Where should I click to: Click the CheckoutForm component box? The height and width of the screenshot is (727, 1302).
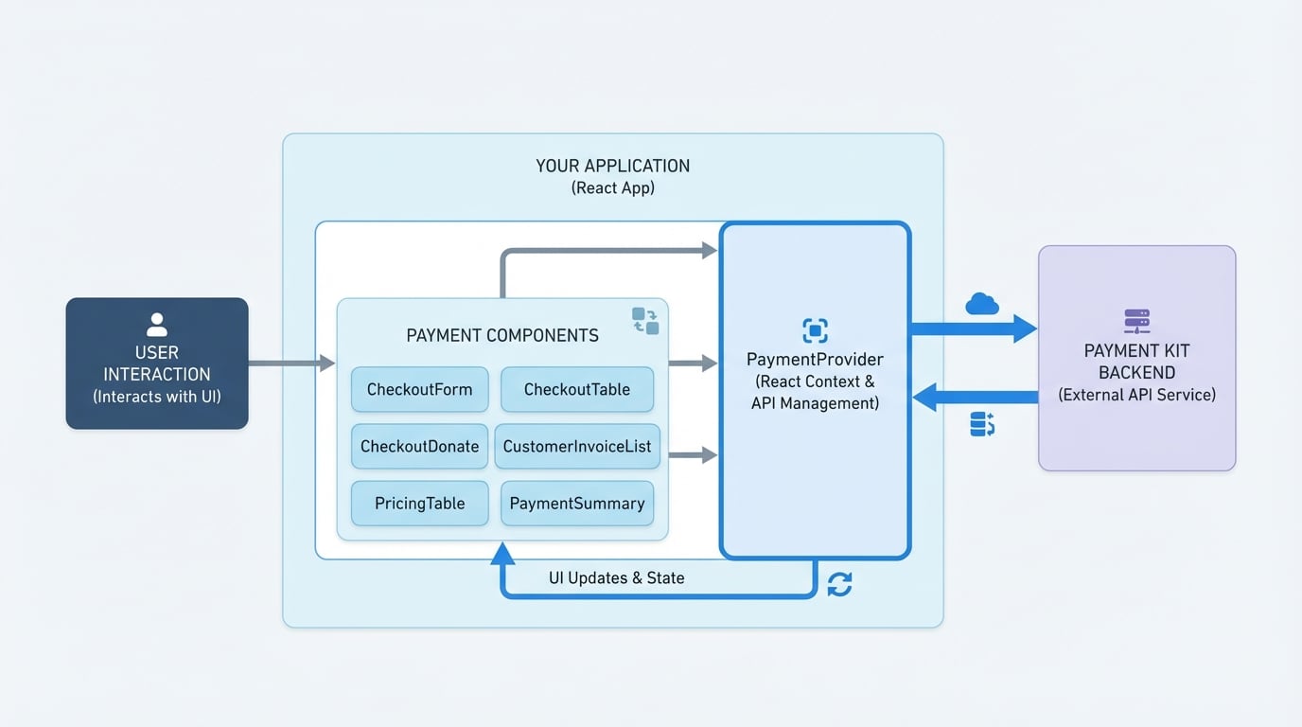[x=419, y=389]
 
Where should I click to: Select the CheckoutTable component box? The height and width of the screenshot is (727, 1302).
[x=576, y=389]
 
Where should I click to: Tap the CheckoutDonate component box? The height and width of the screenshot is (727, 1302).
[x=419, y=446]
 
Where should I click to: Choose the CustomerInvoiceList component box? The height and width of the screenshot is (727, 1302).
[x=576, y=446]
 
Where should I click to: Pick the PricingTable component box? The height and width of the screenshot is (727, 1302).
[x=419, y=503]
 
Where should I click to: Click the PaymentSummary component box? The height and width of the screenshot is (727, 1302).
[x=576, y=503]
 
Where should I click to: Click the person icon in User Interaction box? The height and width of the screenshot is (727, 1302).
[x=157, y=325]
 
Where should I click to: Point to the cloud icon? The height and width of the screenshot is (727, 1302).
[x=982, y=304]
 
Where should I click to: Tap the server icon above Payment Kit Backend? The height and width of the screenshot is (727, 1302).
[x=1136, y=321]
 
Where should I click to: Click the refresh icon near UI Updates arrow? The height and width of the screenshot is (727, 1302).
[x=839, y=585]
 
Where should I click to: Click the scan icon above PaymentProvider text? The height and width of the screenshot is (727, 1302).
[x=815, y=330]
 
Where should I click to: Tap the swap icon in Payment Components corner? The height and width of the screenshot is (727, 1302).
[x=645, y=321]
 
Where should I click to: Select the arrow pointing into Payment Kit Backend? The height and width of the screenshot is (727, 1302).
[x=974, y=329]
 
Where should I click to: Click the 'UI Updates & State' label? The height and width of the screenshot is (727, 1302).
[x=616, y=577]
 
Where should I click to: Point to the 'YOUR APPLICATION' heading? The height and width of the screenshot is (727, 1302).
[x=612, y=166]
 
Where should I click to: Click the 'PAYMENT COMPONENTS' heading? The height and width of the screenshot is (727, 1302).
[x=501, y=335]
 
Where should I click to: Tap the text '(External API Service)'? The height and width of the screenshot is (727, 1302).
[x=1136, y=395]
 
